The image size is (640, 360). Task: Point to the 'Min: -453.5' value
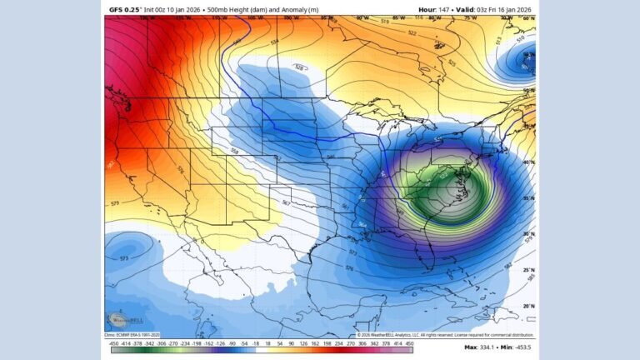coord(517,347)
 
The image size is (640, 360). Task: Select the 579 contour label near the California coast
coord(114,202)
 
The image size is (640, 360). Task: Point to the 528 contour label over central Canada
coord(299,67)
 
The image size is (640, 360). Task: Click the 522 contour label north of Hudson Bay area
coord(412,33)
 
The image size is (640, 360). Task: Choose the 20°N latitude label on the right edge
coord(528,306)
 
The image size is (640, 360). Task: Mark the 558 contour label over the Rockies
coord(235,152)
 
